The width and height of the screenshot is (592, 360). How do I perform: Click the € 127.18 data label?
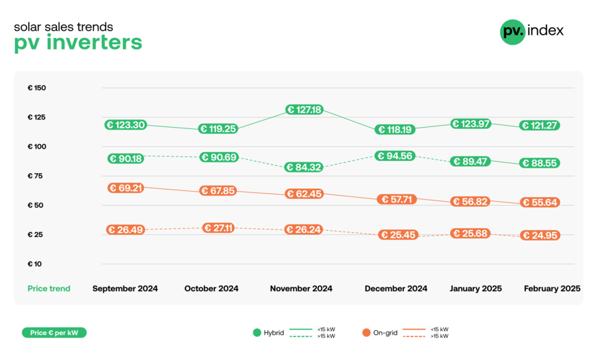point(304,109)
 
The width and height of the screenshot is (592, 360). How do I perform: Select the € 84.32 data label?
point(303,167)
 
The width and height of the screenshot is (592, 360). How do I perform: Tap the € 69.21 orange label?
point(125,187)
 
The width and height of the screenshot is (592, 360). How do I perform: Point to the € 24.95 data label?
point(540,236)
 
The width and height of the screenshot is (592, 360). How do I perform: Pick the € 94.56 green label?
point(396,156)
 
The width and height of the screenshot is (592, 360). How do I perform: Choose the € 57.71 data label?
point(396,200)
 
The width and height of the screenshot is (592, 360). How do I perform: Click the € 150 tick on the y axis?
point(37,88)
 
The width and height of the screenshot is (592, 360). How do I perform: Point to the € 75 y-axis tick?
point(35,176)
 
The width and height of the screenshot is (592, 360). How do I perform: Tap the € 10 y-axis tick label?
point(35,264)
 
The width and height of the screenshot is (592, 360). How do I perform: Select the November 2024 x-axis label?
point(301,289)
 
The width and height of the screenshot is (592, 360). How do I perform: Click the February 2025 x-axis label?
point(552,289)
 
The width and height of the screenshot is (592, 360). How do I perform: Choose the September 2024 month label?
point(125,289)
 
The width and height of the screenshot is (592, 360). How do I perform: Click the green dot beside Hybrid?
point(257,333)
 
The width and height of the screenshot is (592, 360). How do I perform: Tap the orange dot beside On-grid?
point(367,333)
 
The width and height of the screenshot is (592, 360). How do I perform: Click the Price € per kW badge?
point(54,333)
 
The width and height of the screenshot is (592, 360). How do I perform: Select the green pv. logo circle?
point(513,31)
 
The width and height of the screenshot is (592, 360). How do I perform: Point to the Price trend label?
point(49,289)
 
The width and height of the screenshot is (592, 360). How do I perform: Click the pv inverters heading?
point(78,43)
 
